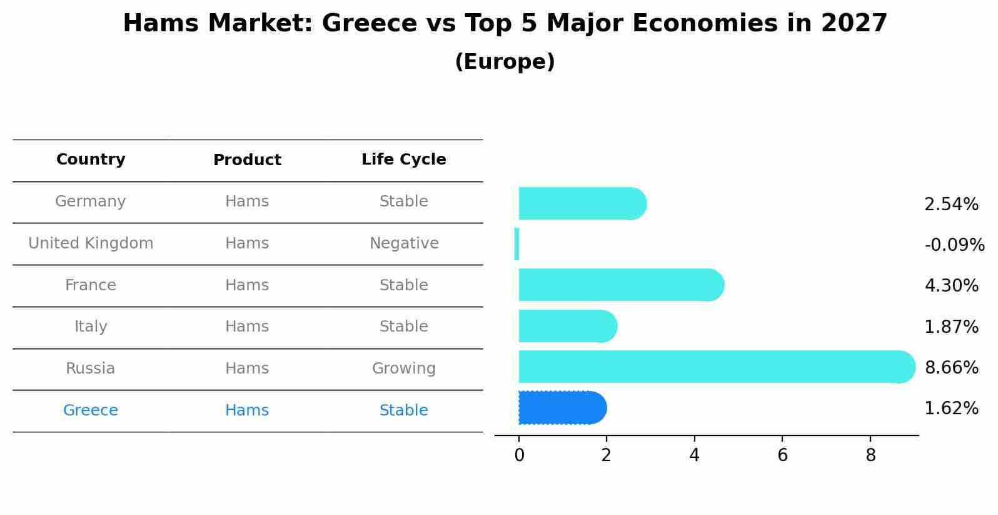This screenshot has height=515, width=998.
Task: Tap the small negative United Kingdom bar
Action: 517,244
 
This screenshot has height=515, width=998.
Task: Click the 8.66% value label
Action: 951,367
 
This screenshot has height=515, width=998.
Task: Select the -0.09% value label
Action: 954,245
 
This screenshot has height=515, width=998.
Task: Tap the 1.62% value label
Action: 951,409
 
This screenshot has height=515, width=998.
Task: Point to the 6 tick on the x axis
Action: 782,456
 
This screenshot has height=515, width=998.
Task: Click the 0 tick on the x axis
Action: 519,456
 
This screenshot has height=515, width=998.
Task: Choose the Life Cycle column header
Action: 404,160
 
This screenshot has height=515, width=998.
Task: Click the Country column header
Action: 91,160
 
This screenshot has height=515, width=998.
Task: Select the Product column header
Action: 247,160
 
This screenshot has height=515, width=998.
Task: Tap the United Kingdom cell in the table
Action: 91,243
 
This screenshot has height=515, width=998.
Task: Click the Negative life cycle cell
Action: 404,243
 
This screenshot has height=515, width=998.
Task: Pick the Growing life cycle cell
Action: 404,369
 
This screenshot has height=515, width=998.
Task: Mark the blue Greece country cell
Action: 91,410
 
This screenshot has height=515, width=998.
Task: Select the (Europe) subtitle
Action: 505,62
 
